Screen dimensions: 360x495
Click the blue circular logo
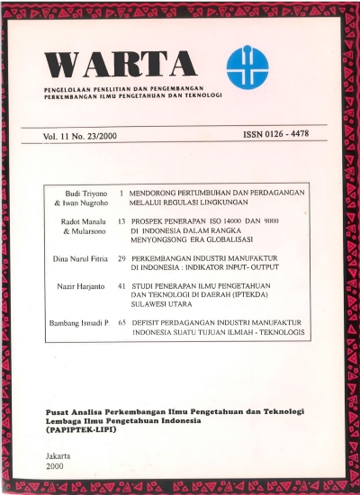pyautogui.click(x=247, y=62)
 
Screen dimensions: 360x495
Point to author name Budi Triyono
pyautogui.click(x=85, y=193)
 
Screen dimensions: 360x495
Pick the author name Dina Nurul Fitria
pyautogui.click(x=77, y=258)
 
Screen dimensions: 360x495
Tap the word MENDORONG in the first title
pyautogui.click(x=157, y=193)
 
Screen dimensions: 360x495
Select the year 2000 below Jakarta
pyautogui.click(x=55, y=468)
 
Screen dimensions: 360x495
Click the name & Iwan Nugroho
pyautogui.click(x=81, y=204)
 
